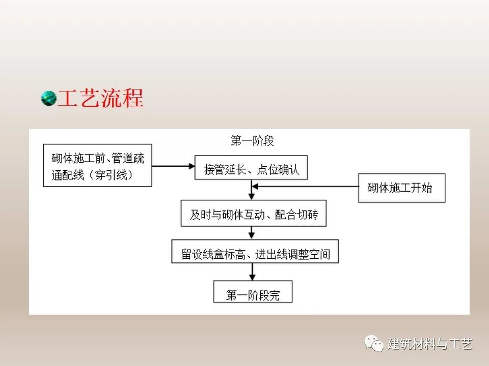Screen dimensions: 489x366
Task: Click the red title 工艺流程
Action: (100, 98)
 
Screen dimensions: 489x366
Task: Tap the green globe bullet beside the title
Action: (49, 98)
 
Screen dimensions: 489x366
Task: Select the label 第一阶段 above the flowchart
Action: (252, 141)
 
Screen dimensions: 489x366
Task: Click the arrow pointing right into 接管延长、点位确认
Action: (173, 166)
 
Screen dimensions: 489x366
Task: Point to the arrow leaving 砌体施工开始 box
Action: (305, 187)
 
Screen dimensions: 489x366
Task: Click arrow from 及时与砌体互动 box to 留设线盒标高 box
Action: (252, 233)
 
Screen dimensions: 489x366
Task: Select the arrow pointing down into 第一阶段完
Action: (252, 272)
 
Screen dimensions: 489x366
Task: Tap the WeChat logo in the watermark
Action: (373, 343)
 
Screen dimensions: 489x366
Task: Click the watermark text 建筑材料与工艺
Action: (430, 344)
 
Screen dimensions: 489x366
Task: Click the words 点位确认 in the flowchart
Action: (278, 170)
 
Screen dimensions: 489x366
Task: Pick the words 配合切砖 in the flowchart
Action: (296, 215)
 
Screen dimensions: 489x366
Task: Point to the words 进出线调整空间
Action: (292, 254)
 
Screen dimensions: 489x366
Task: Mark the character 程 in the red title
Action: (133, 98)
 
